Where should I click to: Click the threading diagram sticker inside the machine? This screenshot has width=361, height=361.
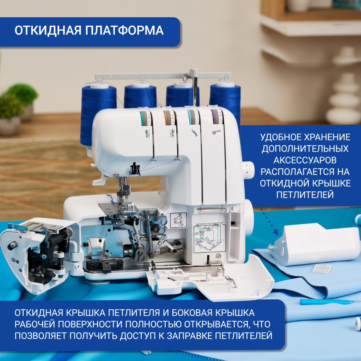209,239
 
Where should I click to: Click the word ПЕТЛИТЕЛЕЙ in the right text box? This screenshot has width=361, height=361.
305,195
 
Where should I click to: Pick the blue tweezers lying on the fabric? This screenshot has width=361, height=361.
325,301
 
